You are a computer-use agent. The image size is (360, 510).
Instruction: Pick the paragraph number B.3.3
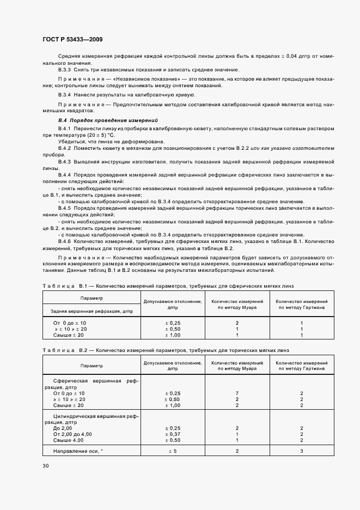click(x=65, y=70)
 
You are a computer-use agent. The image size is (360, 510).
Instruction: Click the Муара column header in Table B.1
click(x=237, y=304)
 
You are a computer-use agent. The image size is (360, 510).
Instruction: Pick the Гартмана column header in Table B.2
click(x=301, y=365)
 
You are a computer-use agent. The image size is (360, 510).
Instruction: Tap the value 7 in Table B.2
click(x=237, y=393)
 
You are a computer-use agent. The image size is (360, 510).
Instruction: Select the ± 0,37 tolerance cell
click(x=173, y=434)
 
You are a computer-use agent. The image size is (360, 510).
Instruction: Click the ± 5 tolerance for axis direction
click(x=173, y=451)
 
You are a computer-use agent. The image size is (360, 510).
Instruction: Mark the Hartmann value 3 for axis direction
click(x=301, y=451)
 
